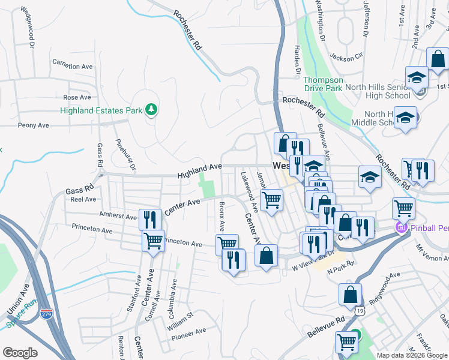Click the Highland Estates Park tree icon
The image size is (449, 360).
[152, 110]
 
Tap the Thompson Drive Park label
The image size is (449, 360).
[323, 84]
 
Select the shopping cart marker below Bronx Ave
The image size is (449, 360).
[227, 244]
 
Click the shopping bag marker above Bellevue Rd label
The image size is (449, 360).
[350, 295]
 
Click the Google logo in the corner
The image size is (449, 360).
[20, 353]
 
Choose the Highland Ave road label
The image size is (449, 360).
[199, 170]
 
